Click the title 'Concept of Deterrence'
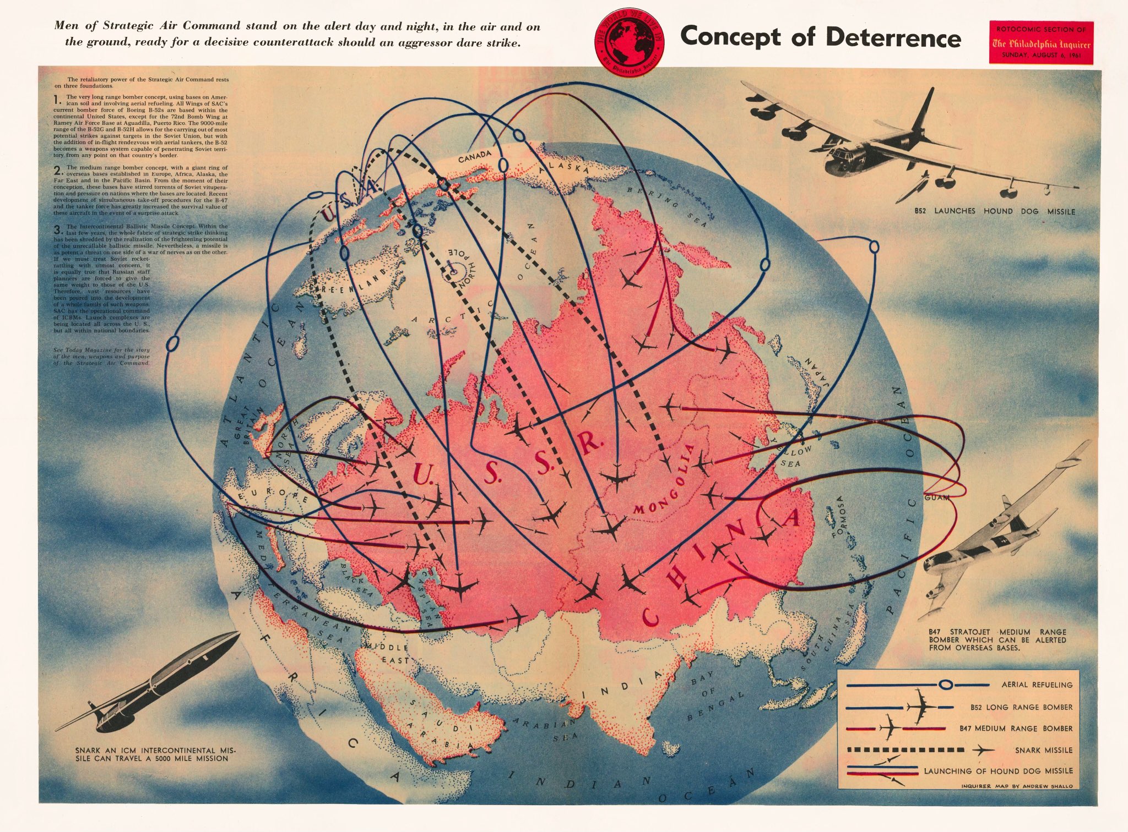click(821, 37)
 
